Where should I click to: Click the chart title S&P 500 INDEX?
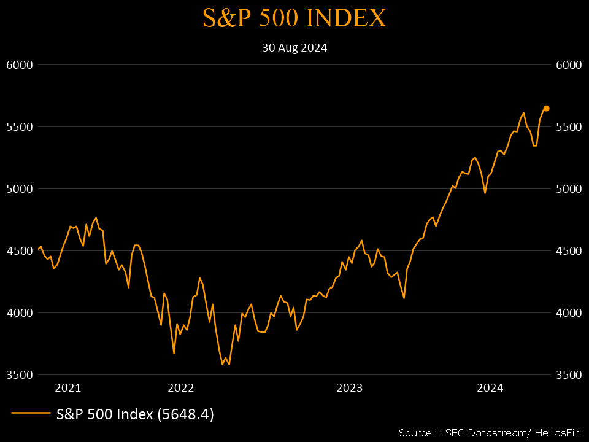294,18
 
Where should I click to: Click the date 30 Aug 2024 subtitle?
294,48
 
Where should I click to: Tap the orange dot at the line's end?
546,108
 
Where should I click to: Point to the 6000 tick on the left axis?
18,65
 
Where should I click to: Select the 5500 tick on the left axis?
18,127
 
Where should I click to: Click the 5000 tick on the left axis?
18,189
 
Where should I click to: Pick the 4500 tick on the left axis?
18,251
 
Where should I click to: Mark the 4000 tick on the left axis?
18,313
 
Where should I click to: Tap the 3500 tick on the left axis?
18,375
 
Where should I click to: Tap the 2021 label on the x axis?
67,388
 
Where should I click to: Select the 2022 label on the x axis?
180,388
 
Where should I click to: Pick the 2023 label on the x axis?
350,388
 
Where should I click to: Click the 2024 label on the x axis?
490,388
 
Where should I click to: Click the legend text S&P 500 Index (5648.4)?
135,414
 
